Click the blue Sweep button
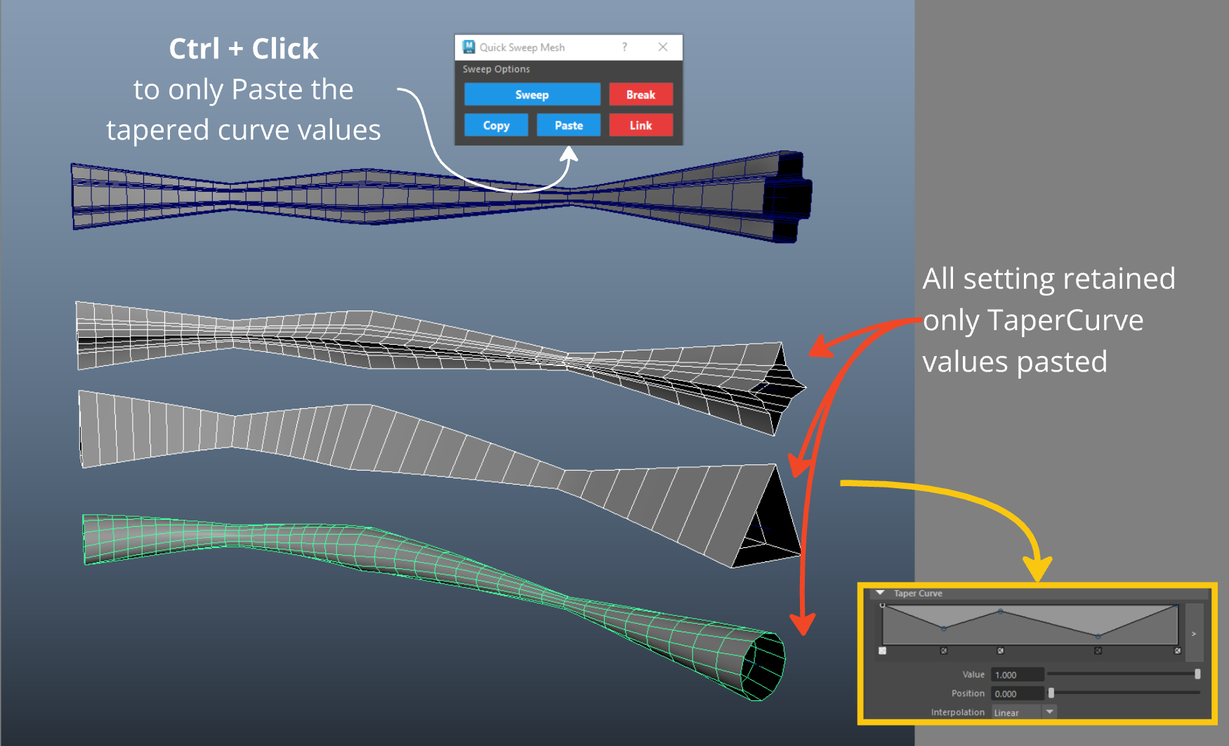532,94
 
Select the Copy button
496,125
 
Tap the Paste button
569,125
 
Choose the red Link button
640,125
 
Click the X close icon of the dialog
663,47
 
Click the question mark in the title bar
624,47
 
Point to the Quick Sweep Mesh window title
522,47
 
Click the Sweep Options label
497,69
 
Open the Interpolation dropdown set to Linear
1024,712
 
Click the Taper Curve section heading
918,594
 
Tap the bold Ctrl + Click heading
244,48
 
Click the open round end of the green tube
763,666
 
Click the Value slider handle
1197,674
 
